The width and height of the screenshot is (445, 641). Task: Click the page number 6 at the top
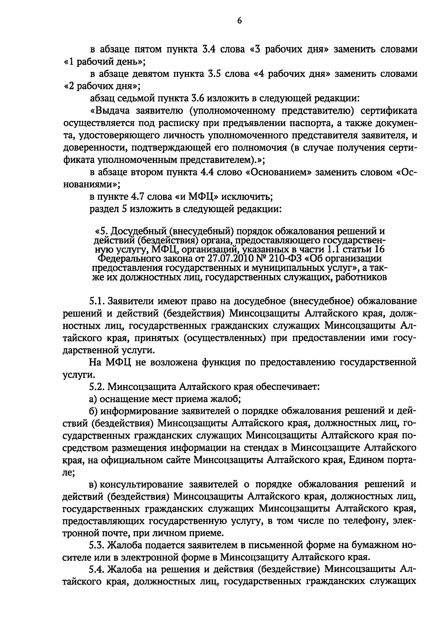(x=239, y=21)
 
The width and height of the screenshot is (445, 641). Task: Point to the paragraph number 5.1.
(x=96, y=301)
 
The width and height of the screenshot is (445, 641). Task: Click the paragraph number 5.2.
(x=97, y=387)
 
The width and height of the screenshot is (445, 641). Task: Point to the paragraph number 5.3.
(x=97, y=546)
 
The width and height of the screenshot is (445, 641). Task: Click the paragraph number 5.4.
(x=97, y=570)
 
